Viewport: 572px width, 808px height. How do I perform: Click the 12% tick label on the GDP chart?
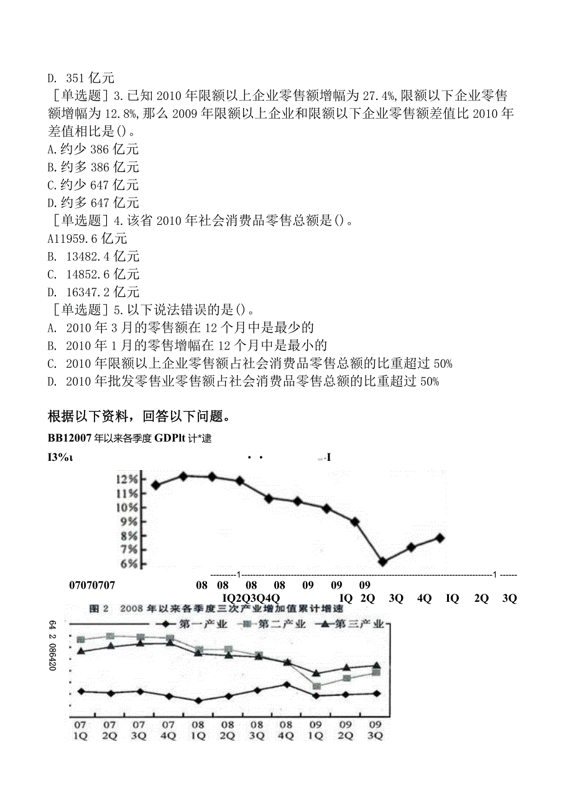click(126, 479)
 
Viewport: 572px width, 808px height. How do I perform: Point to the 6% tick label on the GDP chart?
click(128, 565)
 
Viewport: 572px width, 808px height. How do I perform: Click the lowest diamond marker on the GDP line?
click(382, 561)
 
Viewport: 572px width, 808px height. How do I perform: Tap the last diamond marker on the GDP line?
click(440, 538)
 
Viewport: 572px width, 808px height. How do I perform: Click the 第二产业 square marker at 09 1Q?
click(316, 686)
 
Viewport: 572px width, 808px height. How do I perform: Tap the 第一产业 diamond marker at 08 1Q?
click(198, 701)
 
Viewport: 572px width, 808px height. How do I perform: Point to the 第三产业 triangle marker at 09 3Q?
click(376, 666)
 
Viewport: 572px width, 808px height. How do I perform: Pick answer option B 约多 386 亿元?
click(93, 167)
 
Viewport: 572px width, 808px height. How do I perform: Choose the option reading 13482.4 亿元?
click(94, 256)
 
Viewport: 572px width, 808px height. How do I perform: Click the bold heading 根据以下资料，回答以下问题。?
click(138, 415)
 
